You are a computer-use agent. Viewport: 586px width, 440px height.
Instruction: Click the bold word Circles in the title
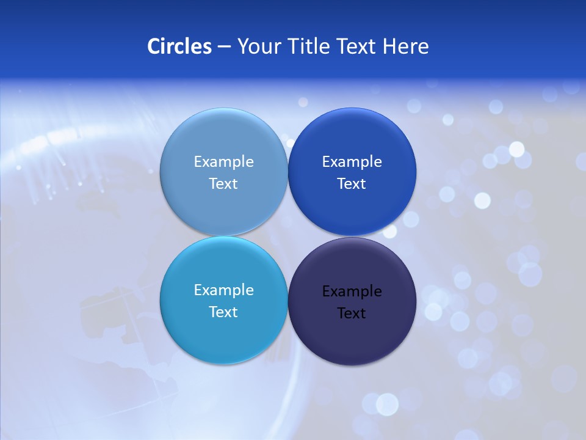point(179,46)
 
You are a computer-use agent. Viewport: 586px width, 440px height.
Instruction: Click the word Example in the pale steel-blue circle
point(223,162)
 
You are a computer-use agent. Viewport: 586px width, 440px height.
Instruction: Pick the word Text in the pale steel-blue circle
point(223,184)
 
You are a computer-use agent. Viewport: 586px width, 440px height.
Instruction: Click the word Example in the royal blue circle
point(352,162)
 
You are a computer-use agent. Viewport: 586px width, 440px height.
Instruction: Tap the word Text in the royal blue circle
point(352,184)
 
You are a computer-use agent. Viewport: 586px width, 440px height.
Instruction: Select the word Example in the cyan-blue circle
point(223,290)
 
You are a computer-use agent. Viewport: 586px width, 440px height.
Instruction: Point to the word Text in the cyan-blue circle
point(223,312)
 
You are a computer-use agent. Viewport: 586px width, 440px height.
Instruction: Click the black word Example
point(352,291)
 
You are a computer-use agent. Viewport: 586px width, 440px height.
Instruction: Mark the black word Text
point(352,313)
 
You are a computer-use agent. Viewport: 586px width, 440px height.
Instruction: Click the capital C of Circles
point(154,46)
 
